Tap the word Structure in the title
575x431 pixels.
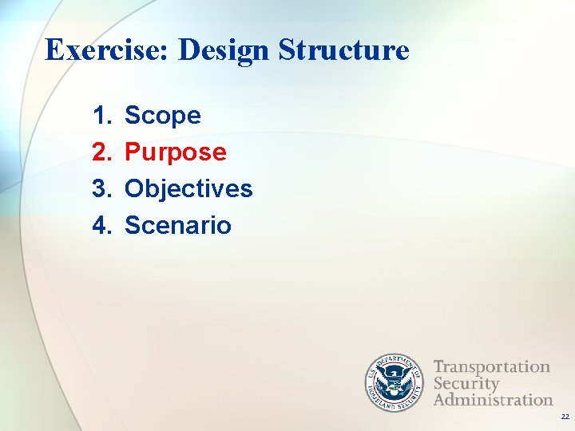pos(344,50)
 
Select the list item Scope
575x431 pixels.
pos(163,116)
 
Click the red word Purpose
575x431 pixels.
pos(176,152)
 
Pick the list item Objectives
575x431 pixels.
pos(188,189)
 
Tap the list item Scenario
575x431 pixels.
pos(178,226)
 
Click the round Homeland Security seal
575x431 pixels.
pos(393,383)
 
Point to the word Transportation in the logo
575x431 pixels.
pos(491,367)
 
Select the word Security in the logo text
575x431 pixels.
pos(466,383)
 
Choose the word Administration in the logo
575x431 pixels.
pos(493,399)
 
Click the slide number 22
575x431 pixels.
pos(565,417)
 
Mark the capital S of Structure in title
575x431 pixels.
pos(287,50)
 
